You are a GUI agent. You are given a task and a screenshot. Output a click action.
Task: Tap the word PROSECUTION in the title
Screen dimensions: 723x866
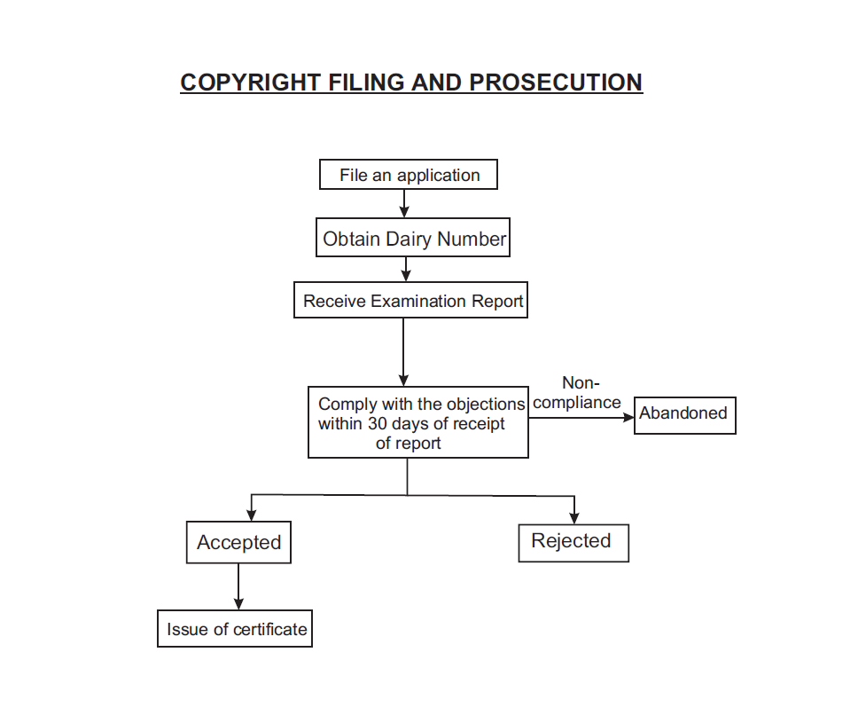(x=556, y=83)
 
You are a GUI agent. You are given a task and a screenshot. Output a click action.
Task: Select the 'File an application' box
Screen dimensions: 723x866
(x=409, y=175)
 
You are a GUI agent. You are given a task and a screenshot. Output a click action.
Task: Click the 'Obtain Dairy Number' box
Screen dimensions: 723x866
(x=414, y=238)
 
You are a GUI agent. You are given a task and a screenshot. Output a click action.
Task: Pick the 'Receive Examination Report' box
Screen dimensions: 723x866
(x=411, y=301)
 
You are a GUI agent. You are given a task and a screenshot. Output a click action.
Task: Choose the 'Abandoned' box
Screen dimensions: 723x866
(x=684, y=414)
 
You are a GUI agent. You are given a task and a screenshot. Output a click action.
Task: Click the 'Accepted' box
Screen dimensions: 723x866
(x=238, y=542)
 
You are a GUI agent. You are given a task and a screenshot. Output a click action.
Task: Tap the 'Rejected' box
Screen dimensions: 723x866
(x=573, y=541)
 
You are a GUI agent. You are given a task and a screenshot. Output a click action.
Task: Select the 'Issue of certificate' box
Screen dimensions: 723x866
(x=236, y=629)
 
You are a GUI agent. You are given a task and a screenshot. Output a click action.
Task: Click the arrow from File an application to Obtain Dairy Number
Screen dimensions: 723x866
(x=404, y=203)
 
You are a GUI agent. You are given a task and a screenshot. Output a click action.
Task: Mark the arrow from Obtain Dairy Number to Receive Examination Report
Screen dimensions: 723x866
(x=405, y=269)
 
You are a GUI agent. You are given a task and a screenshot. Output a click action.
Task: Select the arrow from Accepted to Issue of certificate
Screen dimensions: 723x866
(x=238, y=586)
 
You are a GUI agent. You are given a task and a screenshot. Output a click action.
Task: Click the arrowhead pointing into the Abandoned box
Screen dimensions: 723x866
(x=630, y=416)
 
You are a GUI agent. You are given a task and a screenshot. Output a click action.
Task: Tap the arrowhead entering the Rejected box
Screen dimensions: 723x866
(x=574, y=518)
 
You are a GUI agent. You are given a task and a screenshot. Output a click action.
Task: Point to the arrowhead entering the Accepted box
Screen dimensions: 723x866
(x=252, y=515)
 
